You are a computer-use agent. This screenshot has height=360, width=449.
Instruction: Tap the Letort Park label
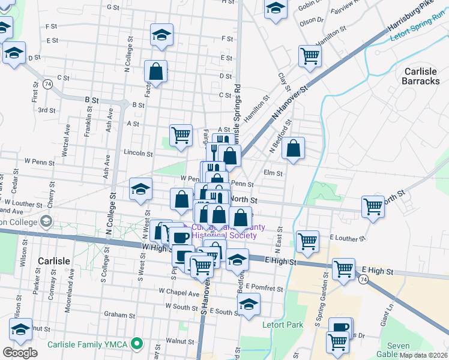click(283, 325)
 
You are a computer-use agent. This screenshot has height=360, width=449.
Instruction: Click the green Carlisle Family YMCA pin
click(137, 344)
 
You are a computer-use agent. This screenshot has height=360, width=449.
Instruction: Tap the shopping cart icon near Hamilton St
click(310, 56)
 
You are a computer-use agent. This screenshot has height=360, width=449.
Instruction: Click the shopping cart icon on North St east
click(373, 207)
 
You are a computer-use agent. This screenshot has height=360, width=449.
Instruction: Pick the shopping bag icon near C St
click(155, 71)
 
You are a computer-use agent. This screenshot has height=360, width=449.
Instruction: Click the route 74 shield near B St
click(47, 85)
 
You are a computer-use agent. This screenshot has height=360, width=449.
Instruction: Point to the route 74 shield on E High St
click(363, 280)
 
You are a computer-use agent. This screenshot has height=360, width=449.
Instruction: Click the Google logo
click(20, 353)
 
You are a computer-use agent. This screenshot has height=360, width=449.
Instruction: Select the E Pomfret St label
click(264, 289)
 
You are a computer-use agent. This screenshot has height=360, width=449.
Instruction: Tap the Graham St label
click(119, 314)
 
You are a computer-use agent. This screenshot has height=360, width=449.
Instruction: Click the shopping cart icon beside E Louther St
click(307, 241)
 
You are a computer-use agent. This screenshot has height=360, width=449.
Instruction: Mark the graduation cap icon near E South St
click(249, 304)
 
